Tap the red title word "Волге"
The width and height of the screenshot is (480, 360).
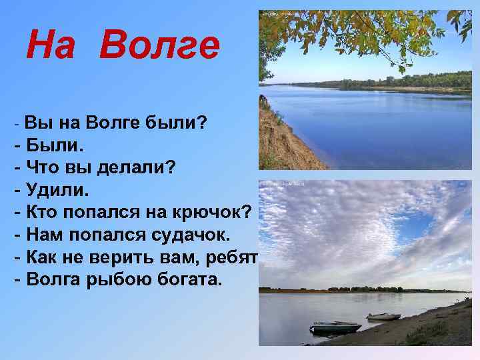(x=161, y=47)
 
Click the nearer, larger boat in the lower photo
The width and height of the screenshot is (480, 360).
(x=336, y=327)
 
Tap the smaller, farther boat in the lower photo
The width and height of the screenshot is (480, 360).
(x=383, y=316)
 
